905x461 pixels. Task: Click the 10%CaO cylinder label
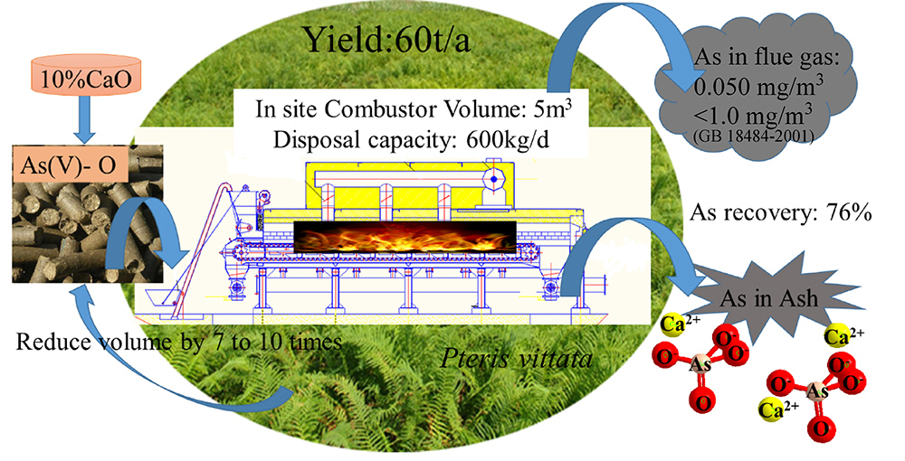pyautogui.click(x=84, y=79)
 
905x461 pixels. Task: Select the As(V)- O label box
pyautogui.click(x=68, y=166)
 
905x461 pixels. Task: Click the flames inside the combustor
pyautogui.click(x=405, y=236)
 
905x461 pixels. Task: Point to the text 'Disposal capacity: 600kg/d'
pyautogui.click(x=410, y=139)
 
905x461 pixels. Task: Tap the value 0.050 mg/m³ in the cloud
pyautogui.click(x=758, y=87)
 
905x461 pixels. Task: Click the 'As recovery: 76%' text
pyautogui.click(x=780, y=213)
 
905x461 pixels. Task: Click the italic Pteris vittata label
pyautogui.click(x=517, y=359)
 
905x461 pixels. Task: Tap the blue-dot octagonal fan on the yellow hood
pyautogui.click(x=493, y=179)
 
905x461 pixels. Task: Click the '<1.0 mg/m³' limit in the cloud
pyautogui.click(x=752, y=117)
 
